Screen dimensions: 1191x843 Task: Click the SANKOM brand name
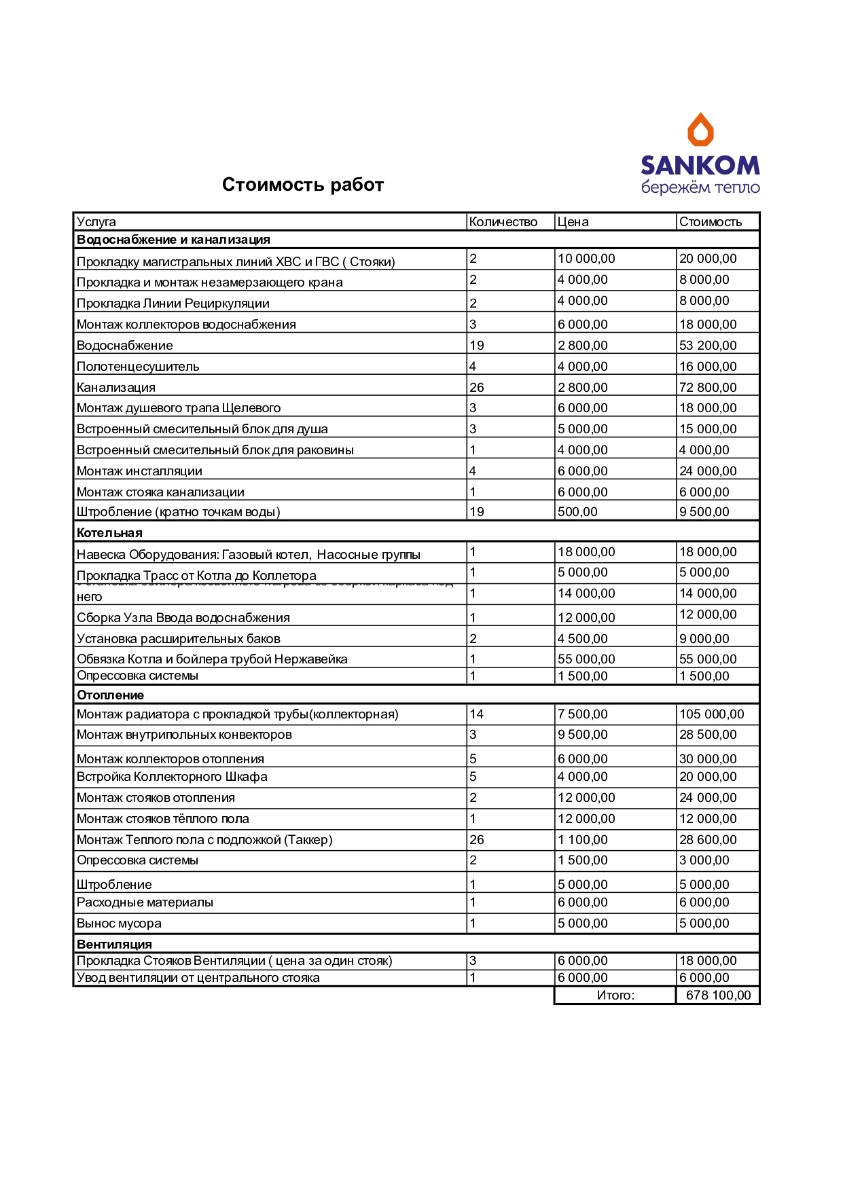click(x=700, y=165)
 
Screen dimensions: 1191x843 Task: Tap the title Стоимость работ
click(x=303, y=185)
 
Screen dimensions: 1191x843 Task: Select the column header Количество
click(x=503, y=222)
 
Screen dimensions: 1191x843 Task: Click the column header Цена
click(x=573, y=222)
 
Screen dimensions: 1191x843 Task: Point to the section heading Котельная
click(x=109, y=533)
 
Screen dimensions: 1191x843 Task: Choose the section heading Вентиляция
click(x=114, y=945)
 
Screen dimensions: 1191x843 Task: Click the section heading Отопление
click(x=110, y=695)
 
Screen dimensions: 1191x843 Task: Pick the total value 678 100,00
click(x=718, y=995)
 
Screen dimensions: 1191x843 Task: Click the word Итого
click(x=615, y=995)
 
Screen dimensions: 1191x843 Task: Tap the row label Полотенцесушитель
click(x=138, y=367)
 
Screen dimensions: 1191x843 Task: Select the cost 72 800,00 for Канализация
click(x=708, y=388)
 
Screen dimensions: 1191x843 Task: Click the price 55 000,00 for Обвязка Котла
click(x=586, y=659)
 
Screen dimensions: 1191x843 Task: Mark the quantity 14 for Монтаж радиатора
click(x=477, y=714)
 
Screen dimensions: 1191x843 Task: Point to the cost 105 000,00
click(x=711, y=714)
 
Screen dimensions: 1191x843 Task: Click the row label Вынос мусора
click(x=119, y=923)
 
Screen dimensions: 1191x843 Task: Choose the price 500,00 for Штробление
click(x=577, y=512)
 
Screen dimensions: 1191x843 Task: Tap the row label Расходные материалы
click(x=145, y=902)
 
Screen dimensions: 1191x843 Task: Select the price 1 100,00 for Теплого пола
click(x=582, y=840)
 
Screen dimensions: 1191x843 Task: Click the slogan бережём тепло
click(x=700, y=187)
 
